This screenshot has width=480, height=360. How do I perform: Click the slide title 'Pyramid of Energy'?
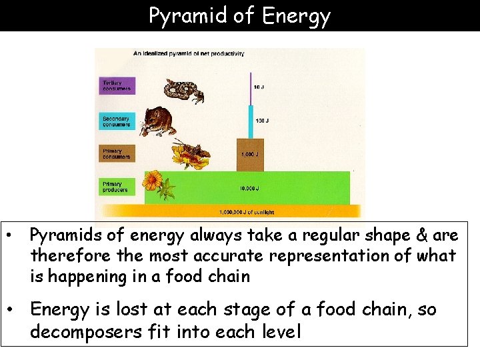[239, 15]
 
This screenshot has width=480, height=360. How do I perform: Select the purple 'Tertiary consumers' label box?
[117, 86]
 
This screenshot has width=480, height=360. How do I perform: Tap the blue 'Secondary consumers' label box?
[117, 121]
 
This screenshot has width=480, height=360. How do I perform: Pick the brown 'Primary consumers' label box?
[117, 154]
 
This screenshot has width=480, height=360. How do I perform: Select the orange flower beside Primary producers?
[153, 180]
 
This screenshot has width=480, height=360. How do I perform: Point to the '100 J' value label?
[262, 121]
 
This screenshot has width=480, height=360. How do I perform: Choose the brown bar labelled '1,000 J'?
[250, 155]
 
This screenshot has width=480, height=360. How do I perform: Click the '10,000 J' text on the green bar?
[251, 189]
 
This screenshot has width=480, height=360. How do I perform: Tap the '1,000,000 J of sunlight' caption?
[247, 212]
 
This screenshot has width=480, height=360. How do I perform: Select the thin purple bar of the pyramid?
[250, 93]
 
